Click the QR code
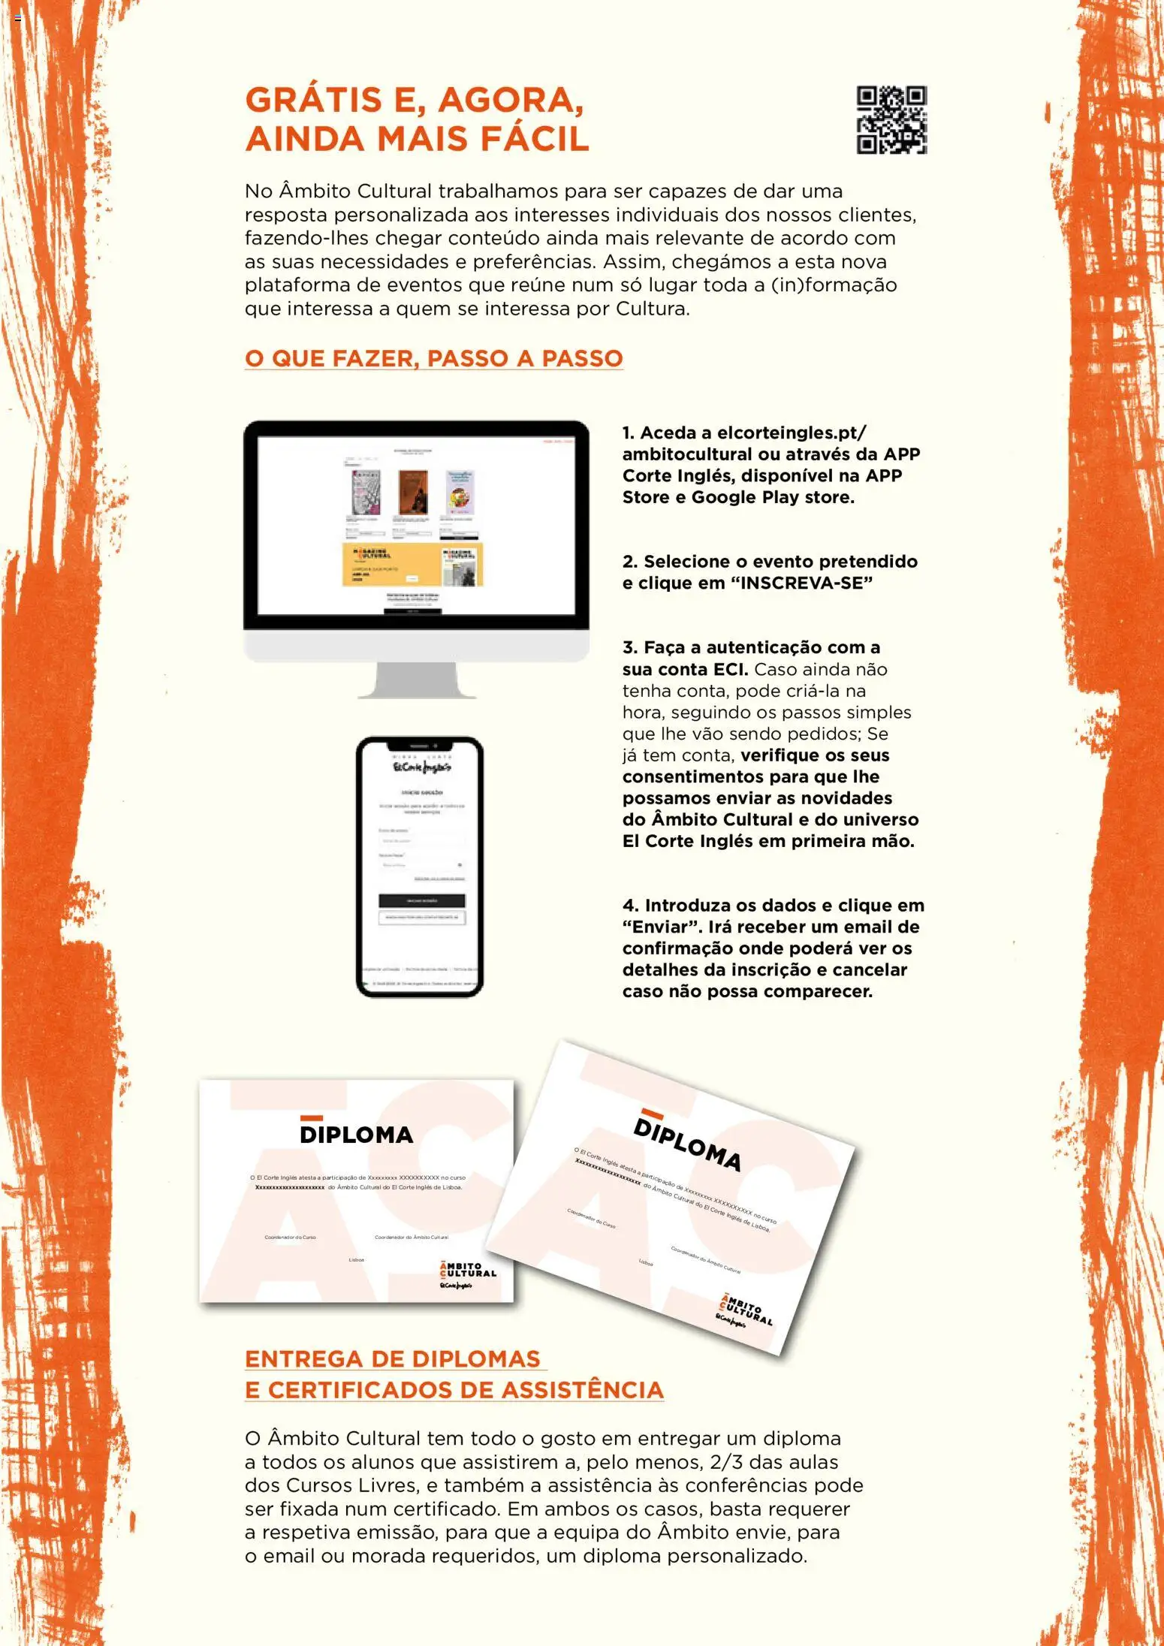(891, 120)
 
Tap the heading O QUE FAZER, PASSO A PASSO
(433, 358)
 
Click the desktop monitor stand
(417, 680)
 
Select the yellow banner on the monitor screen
(412, 564)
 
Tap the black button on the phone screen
(421, 900)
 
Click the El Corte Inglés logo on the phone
(421, 767)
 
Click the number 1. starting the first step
(629, 433)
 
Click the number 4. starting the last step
(630, 906)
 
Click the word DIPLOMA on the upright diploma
(356, 1134)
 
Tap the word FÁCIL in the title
(534, 140)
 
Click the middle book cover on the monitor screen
(412, 493)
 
